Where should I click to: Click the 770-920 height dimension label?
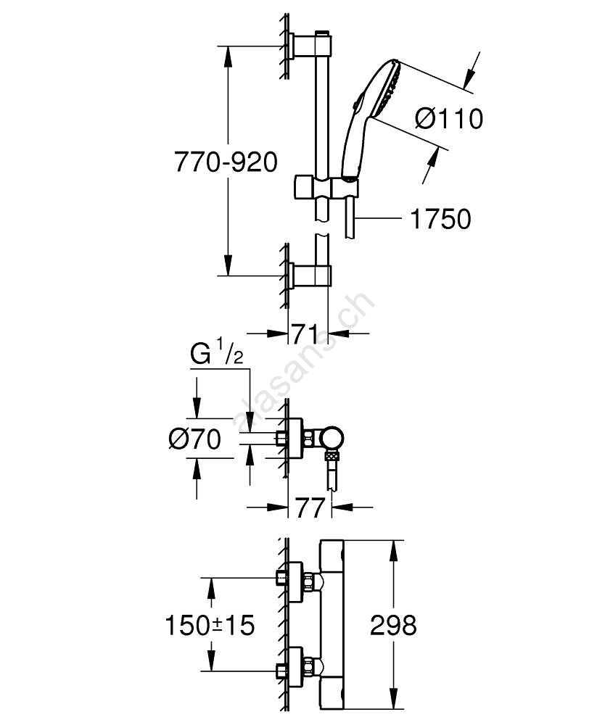pyautogui.click(x=226, y=162)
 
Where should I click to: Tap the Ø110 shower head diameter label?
pyautogui.click(x=450, y=118)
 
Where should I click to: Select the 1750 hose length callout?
pyautogui.click(x=440, y=218)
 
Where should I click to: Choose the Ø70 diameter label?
pyautogui.click(x=194, y=439)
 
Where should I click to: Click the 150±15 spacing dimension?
pyautogui.click(x=210, y=625)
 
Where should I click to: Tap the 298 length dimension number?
pyautogui.click(x=392, y=625)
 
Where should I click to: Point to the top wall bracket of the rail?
pyautogui.click(x=305, y=46)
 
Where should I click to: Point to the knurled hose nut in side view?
pyautogui.click(x=332, y=457)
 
